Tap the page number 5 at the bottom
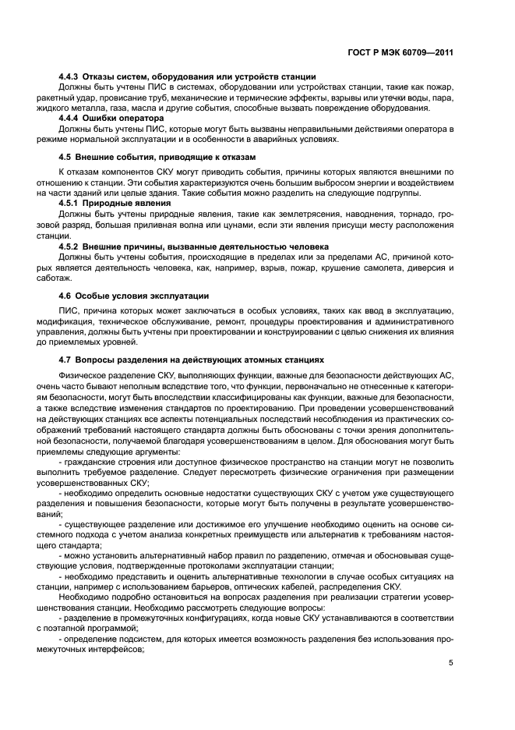[450, 663]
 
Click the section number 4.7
[65, 360]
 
